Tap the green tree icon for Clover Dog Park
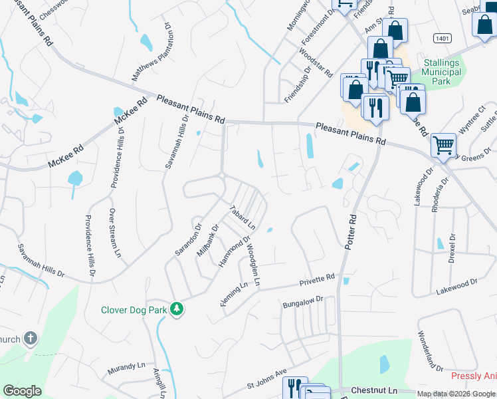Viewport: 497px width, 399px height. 177,309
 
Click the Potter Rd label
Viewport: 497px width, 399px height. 350,231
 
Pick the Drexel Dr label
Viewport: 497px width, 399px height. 452,250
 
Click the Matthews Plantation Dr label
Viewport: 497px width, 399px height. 151,54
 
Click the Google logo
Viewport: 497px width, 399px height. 22,391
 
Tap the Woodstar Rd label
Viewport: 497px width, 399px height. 316,63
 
